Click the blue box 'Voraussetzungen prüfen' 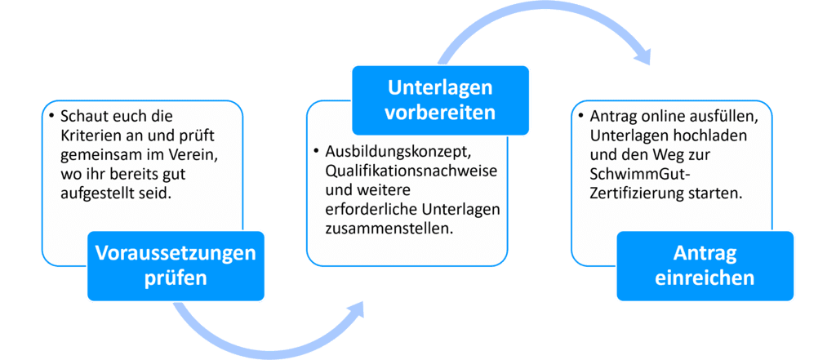click(x=176, y=265)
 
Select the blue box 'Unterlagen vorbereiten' click(x=440, y=100)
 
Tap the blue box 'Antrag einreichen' click(x=705, y=265)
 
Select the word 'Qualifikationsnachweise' click(x=412, y=171)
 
